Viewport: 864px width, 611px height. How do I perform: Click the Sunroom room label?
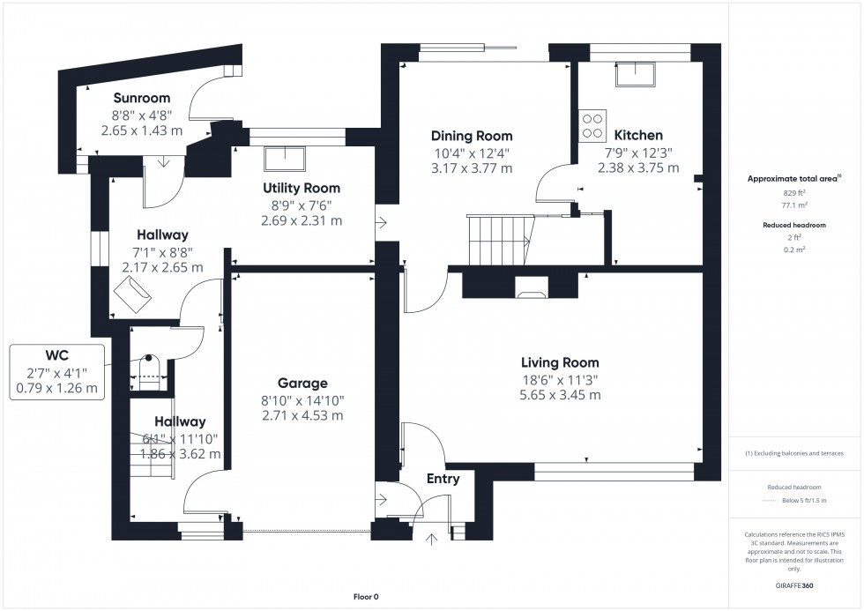pos(141,98)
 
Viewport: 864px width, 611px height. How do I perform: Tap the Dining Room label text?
pos(471,136)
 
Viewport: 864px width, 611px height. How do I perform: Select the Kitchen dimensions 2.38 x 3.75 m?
pos(638,168)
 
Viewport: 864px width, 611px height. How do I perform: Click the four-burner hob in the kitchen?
pos(592,125)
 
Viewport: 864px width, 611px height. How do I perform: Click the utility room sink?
pos(286,159)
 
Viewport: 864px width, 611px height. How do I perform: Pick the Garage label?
pos(302,384)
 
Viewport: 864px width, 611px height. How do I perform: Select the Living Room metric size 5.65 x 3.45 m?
pos(560,395)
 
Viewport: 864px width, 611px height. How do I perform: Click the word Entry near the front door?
pos(443,479)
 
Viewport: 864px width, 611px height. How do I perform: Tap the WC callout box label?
pos(57,357)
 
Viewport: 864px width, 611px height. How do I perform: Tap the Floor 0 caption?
pos(365,597)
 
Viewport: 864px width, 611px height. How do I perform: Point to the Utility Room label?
pos(301,188)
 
